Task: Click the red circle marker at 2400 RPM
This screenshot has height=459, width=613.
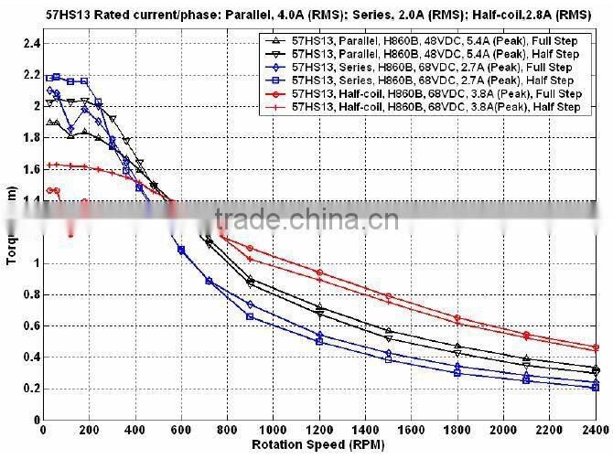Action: [596, 347]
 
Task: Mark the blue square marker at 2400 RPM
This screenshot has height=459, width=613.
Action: [596, 388]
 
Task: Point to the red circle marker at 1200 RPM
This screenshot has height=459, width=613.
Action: [319, 272]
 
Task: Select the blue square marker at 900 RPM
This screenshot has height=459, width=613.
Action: [250, 316]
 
